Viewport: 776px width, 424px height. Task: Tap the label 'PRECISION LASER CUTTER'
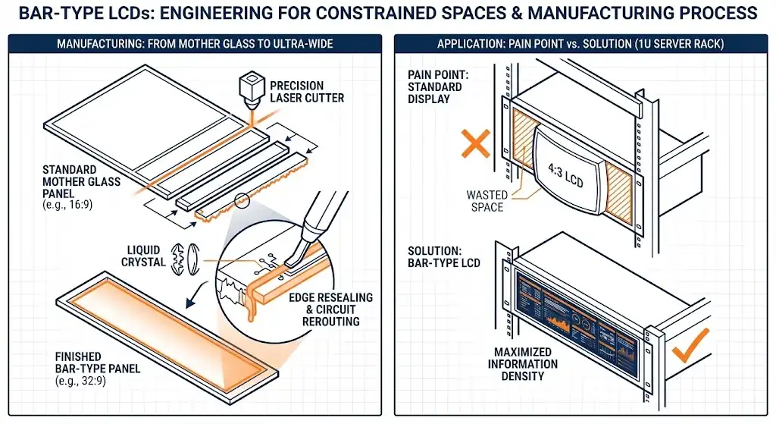(x=307, y=92)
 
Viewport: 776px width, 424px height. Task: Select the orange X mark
(x=475, y=143)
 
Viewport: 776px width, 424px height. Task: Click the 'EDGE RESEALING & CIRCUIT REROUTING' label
(x=331, y=309)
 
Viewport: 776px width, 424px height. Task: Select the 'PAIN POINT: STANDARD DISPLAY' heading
(x=435, y=86)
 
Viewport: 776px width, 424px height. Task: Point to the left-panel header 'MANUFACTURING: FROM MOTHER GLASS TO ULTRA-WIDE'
(x=195, y=44)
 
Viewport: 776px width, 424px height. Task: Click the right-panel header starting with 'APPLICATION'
(x=580, y=44)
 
